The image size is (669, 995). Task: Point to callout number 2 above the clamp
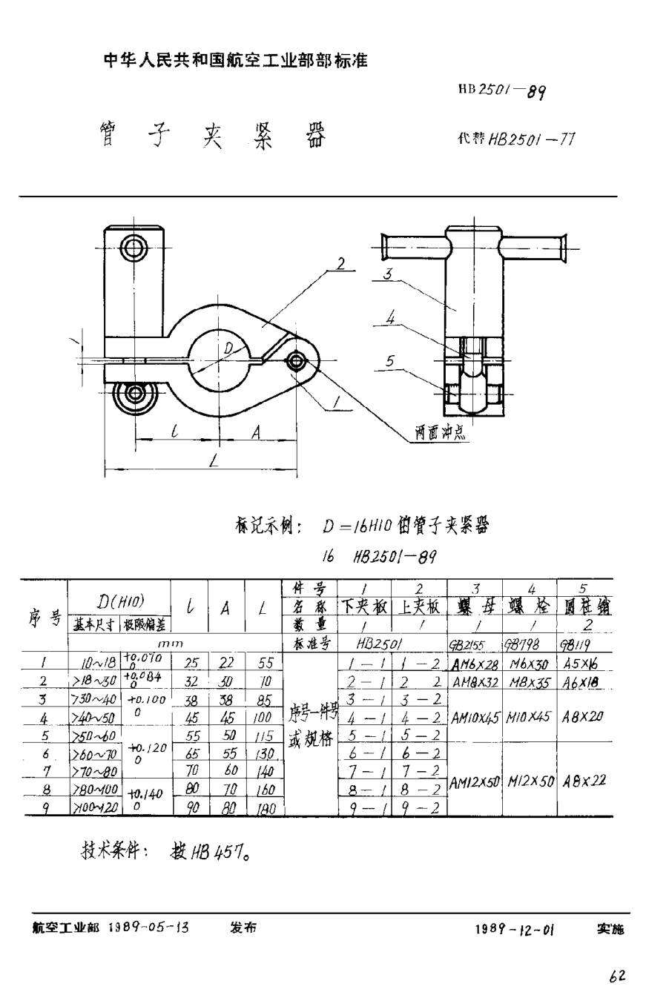coord(340,263)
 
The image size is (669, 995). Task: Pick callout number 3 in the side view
coord(386,274)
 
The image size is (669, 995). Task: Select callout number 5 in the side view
coord(389,360)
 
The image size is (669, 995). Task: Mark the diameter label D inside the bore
coord(228,348)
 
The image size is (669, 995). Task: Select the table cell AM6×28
coord(474,664)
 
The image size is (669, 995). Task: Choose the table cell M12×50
coord(530,780)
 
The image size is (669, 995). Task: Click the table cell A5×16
coord(584,664)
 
